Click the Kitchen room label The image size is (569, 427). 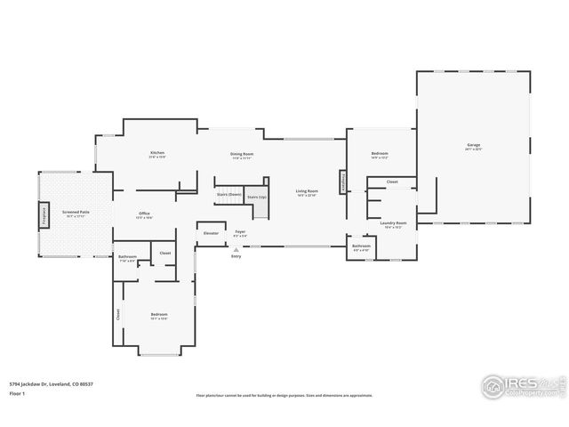coord(157,153)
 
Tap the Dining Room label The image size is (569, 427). coord(242,154)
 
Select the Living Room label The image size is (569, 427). coord(307,190)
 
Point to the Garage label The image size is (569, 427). coord(473,145)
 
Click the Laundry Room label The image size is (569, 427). coord(394,222)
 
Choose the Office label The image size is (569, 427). coord(144,213)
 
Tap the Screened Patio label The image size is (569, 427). coord(76,212)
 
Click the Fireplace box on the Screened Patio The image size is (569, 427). coord(42,214)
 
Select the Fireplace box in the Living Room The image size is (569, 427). coord(341,181)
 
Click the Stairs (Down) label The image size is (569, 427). coord(229,194)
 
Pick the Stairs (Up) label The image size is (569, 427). coord(257,197)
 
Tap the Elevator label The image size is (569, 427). coord(211,233)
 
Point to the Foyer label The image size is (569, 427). coord(240,231)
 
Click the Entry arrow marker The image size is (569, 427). coord(236,250)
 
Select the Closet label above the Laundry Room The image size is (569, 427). coord(392,182)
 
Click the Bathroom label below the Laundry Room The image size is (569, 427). coord(361,246)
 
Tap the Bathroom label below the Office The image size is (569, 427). coord(127,257)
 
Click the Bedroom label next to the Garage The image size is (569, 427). coord(380,154)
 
